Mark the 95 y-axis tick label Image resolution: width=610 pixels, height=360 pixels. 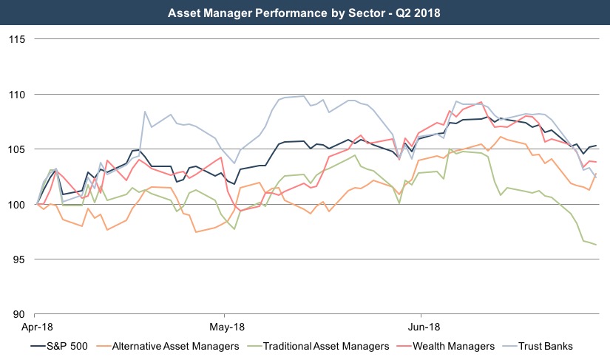pos(18,259)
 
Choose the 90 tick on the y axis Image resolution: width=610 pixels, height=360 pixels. pos(18,314)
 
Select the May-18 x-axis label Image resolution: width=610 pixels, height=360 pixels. pos(227,326)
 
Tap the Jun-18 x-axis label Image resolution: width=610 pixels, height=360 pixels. pos(420,326)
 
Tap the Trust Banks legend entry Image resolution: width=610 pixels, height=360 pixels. pos(546,346)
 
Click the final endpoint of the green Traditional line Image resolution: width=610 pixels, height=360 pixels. pos(596,245)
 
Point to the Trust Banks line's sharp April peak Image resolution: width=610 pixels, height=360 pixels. pos(144,112)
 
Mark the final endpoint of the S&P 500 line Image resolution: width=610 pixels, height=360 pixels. pos(596,146)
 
